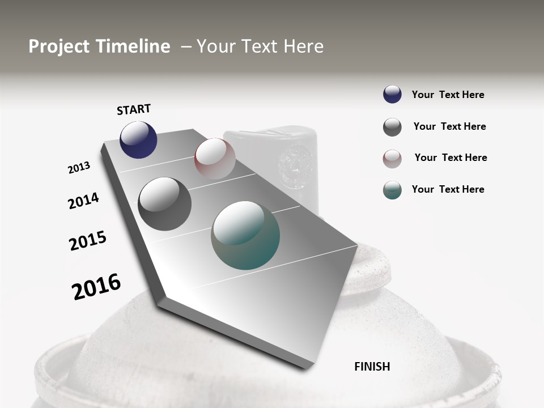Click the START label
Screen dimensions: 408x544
(x=134, y=109)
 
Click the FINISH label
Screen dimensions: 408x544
(x=372, y=367)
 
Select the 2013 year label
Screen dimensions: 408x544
(x=79, y=168)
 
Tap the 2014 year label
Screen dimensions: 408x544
(x=83, y=201)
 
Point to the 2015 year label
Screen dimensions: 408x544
(x=88, y=241)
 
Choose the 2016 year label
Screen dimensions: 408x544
(x=96, y=286)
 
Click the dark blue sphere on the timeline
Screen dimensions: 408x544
(x=138, y=140)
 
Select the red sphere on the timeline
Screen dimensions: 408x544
(x=215, y=159)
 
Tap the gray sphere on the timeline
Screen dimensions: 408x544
(x=165, y=204)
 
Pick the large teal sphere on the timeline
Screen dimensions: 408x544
(x=245, y=235)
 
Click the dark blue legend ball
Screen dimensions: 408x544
(x=392, y=94)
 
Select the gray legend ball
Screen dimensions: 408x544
(x=392, y=127)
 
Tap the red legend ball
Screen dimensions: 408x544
(x=392, y=159)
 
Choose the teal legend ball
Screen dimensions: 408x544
(x=392, y=190)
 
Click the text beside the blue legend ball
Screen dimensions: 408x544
(x=448, y=95)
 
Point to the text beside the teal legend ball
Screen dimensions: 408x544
(x=448, y=189)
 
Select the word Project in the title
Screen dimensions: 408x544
(x=58, y=46)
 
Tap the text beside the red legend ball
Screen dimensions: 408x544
(x=450, y=158)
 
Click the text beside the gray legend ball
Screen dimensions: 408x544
(x=449, y=126)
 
